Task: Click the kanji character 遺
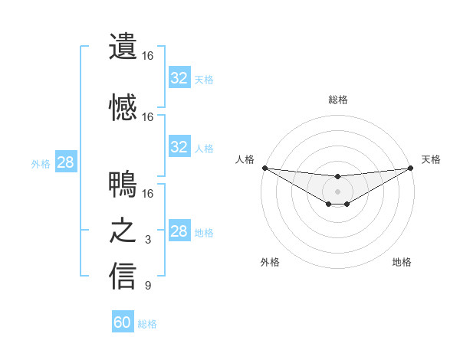[123, 47]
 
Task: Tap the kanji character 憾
[123, 108]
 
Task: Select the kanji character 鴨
[123, 185]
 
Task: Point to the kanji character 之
[123, 231]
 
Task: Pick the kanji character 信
[123, 277]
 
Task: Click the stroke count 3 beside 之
[148, 241]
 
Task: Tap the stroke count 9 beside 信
[148, 286]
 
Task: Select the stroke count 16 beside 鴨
[148, 194]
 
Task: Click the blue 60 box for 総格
[123, 322]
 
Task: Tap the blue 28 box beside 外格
[65, 162]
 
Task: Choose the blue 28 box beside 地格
[179, 231]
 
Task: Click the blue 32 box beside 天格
[179, 78]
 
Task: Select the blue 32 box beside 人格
[179, 147]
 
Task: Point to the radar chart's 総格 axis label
[338, 100]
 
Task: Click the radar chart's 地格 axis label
[402, 263]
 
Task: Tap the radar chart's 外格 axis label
[270, 263]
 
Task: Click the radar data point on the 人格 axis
[264, 168]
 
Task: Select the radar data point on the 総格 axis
[337, 177]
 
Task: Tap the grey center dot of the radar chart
[337, 191]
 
